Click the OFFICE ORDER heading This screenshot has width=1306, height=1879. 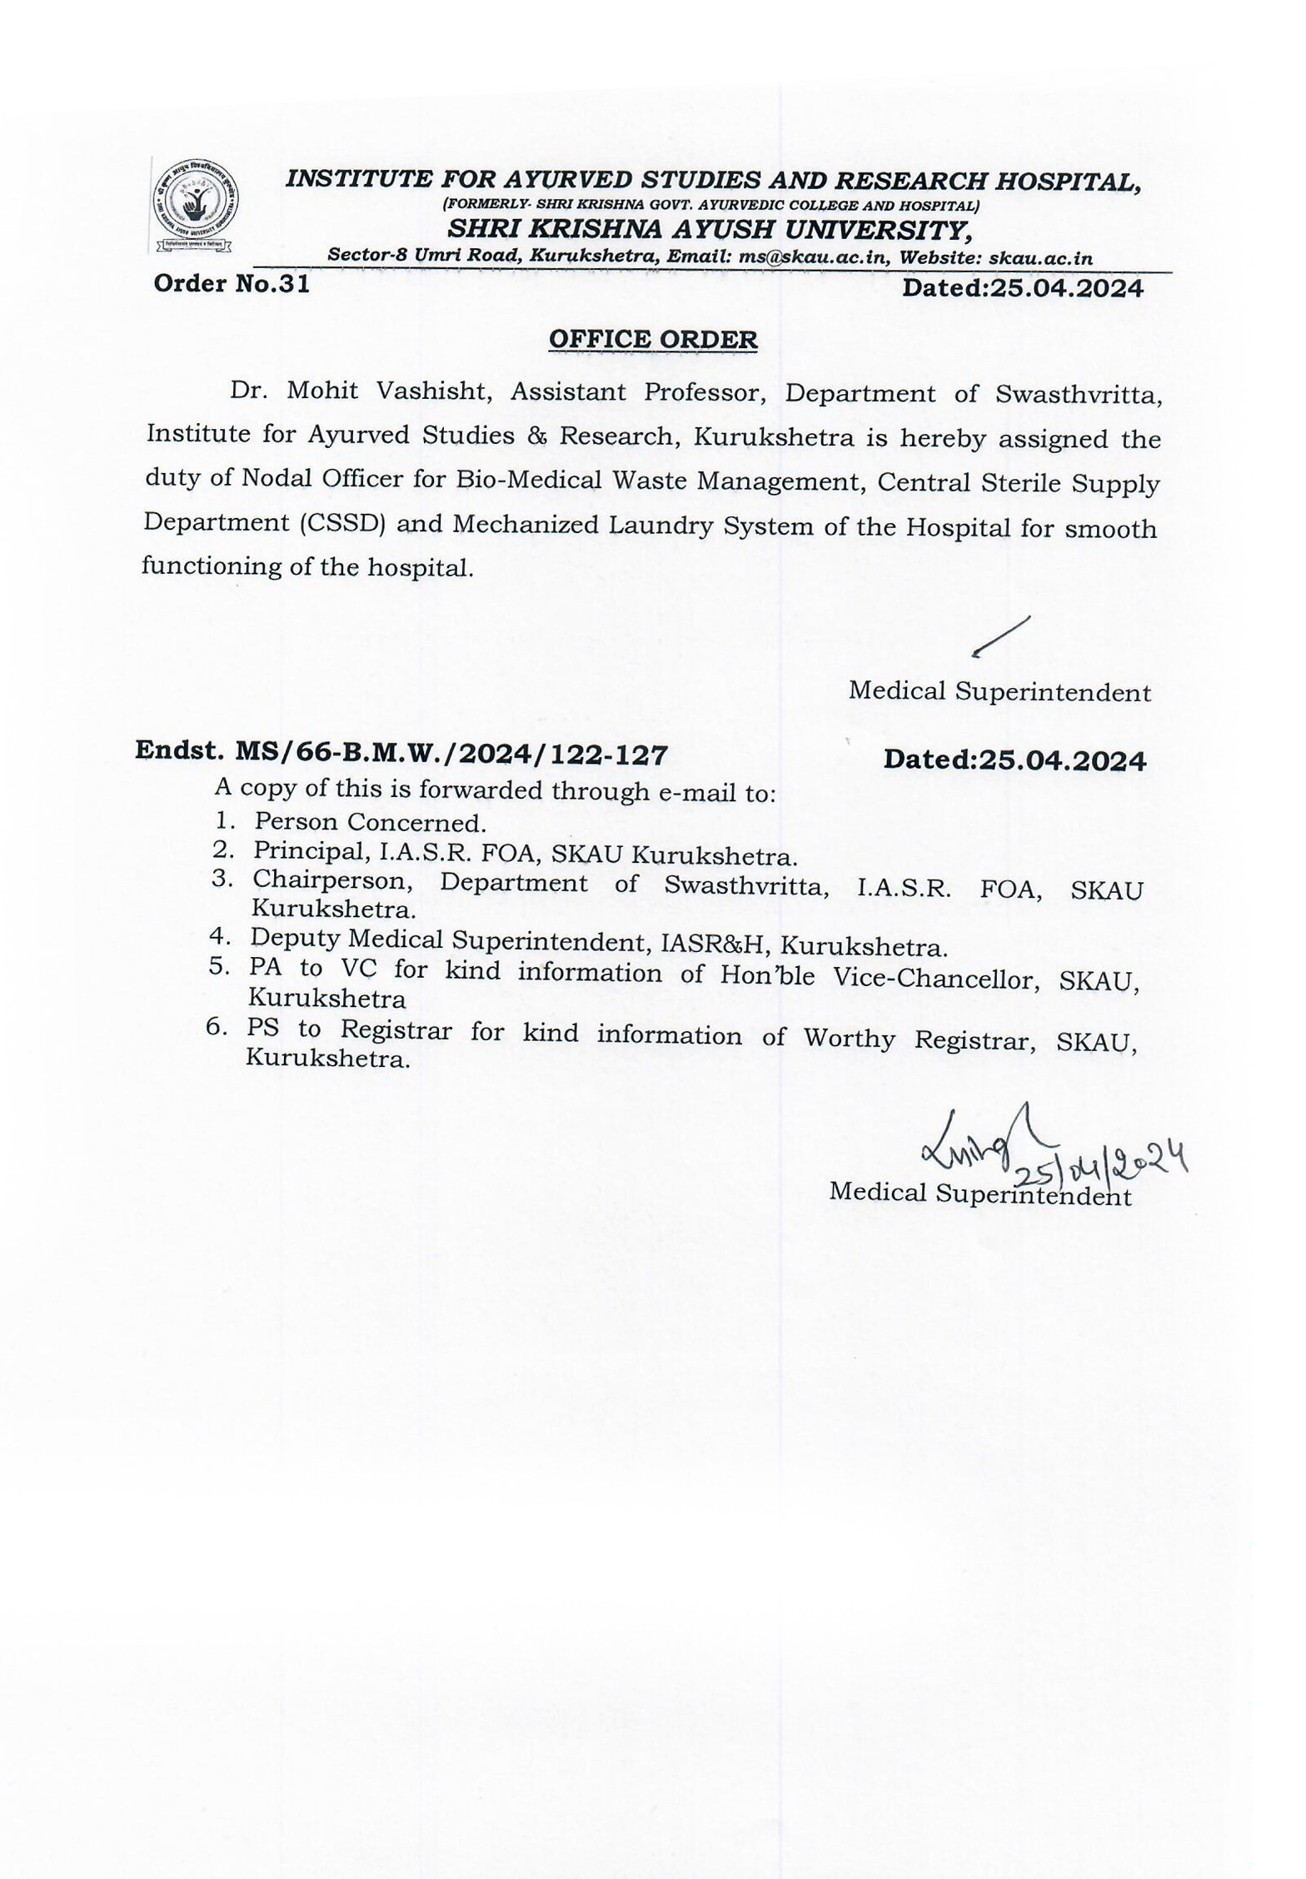click(653, 340)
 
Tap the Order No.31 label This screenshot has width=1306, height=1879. click(232, 284)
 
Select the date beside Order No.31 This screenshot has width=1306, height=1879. click(1023, 288)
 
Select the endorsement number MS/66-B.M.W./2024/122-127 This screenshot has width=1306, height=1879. click(451, 755)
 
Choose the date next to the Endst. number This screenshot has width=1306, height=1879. click(1014, 760)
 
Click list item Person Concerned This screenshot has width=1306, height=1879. click(370, 823)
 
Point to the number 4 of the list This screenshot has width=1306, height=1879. click(219, 936)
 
